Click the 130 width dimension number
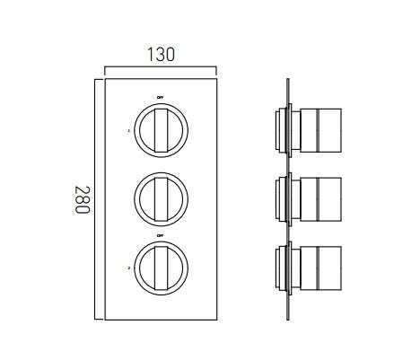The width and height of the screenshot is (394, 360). (161, 54)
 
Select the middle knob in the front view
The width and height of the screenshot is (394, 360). (160, 193)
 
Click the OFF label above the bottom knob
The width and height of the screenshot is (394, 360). (160, 235)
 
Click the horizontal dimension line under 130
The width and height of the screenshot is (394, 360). (161, 68)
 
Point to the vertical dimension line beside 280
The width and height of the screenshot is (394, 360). (95, 198)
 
